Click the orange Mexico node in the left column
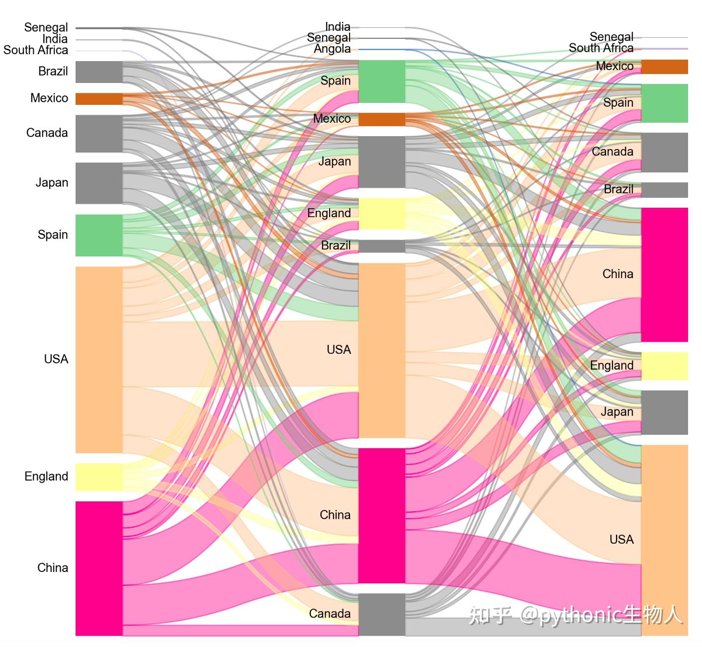[x=99, y=98]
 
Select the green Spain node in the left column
[x=99, y=235]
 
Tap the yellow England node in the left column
[x=99, y=477]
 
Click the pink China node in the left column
[x=99, y=568]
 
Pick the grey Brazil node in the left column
[x=99, y=72]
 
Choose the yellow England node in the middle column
[x=381, y=214]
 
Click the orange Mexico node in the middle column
[x=381, y=119]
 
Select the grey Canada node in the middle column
[x=381, y=614]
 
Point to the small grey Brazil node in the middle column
[x=381, y=246]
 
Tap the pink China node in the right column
[x=664, y=274]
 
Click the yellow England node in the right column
[x=664, y=366]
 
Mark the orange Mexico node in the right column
[x=664, y=67]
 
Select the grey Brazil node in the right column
[x=664, y=190]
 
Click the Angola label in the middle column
[x=332, y=49]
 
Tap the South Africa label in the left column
[x=36, y=50]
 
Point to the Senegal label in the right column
[x=611, y=37]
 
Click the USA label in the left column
[x=56, y=359]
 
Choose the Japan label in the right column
[x=616, y=411]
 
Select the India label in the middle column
[x=338, y=26]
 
